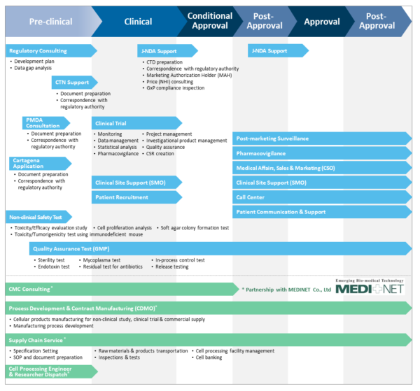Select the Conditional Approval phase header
[x=210, y=21]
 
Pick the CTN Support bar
[x=77, y=83]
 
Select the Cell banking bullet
[x=210, y=357]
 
